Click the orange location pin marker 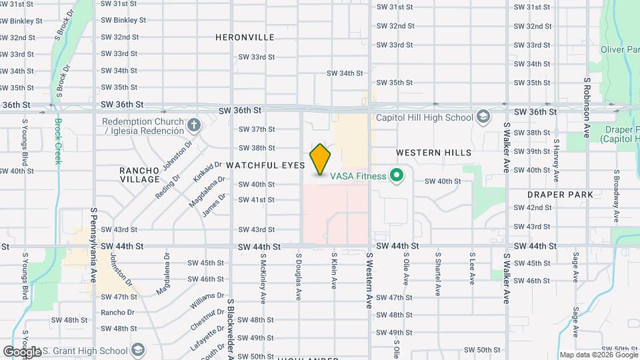point(320,159)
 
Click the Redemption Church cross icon point(193,125)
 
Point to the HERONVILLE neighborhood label point(245,38)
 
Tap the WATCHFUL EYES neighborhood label point(265,165)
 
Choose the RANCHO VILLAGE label point(140,175)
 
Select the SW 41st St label point(257,200)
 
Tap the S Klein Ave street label point(334,271)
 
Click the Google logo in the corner point(21,351)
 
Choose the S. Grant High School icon point(138,350)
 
